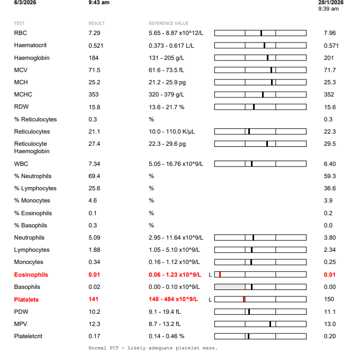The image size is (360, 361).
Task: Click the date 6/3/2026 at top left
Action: tap(25, 3)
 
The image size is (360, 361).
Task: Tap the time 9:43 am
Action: tap(99, 3)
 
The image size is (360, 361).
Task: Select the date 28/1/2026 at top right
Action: tap(331, 3)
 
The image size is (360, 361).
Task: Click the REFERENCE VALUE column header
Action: tap(168, 23)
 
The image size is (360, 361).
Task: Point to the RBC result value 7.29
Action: tap(94, 33)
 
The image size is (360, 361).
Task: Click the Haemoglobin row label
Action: tap(32, 58)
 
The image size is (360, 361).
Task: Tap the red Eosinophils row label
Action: tap(31, 275)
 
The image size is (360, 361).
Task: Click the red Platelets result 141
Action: tap(94, 300)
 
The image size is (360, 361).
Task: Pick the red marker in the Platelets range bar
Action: tap(244, 300)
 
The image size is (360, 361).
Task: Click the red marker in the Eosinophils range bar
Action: tap(220, 275)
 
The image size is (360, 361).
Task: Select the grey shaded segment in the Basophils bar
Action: tap(230, 287)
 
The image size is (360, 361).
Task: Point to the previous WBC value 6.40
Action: tap(329, 164)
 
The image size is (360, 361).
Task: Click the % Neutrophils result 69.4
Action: tap(95, 176)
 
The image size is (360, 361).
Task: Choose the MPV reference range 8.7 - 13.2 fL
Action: tap(165, 324)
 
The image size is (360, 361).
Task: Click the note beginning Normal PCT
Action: tap(153, 348)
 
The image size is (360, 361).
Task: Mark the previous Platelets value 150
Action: tap(329, 300)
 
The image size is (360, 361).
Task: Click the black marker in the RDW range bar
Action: tap(254, 107)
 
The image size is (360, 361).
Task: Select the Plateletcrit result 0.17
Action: tap(94, 336)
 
